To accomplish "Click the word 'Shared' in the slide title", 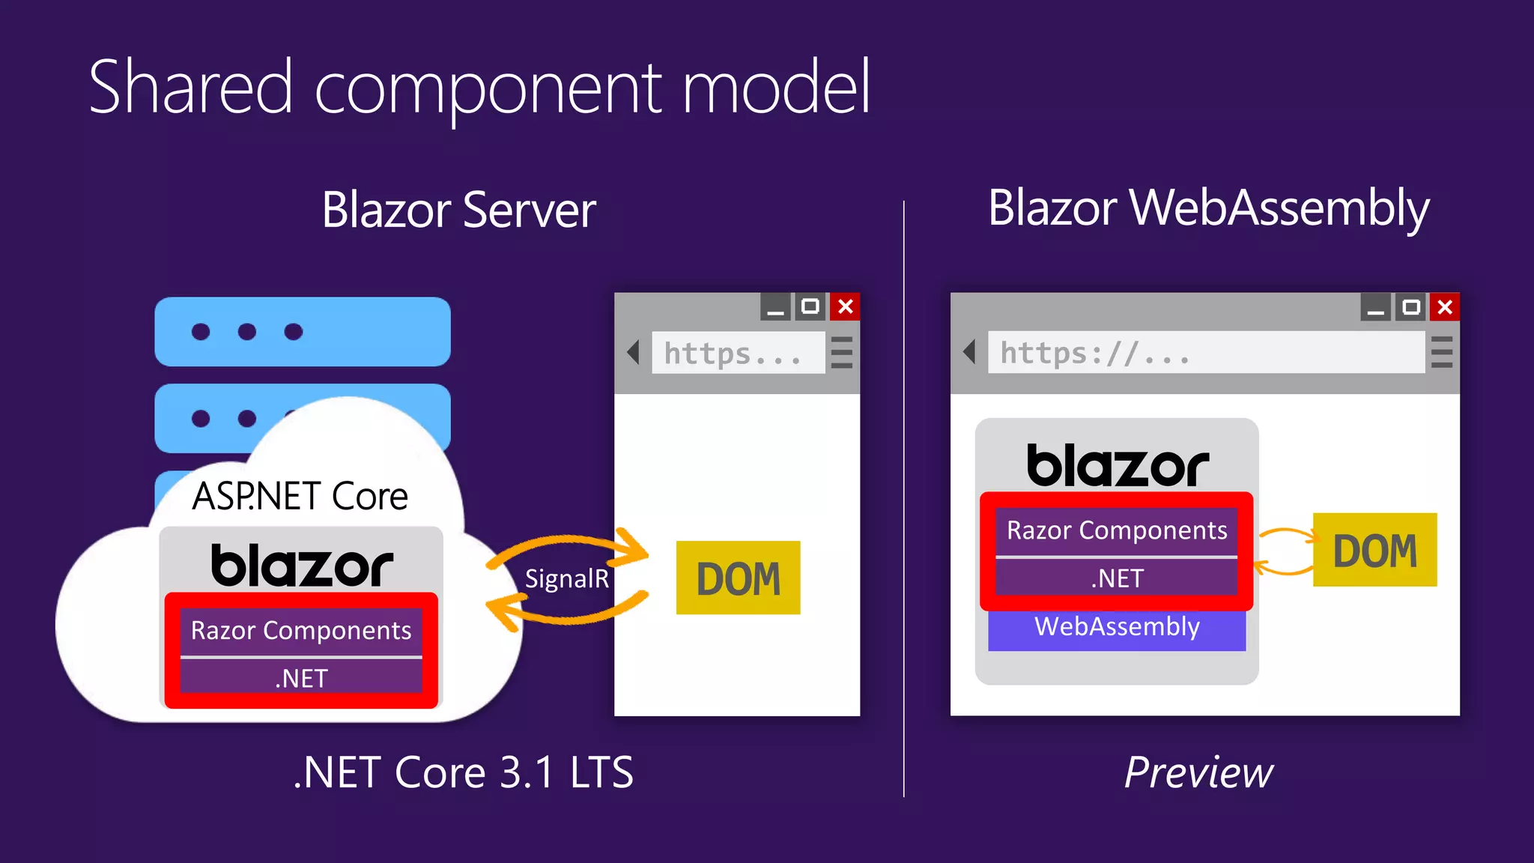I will coord(190,88).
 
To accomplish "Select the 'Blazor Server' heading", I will coord(458,211).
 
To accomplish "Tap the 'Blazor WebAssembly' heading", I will coord(1208,208).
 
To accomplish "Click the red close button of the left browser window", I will coord(846,306).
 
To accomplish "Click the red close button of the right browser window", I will coord(1445,307).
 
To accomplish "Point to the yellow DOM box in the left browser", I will coord(738,578).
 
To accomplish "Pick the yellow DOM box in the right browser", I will coord(1374,550).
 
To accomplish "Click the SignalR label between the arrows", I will coord(567,579).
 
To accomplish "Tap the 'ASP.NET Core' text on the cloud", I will coord(300,497).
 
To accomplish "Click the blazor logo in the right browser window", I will coord(1117,466).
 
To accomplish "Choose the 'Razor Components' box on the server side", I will coord(301,631).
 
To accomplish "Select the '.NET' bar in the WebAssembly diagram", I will coord(1116,578).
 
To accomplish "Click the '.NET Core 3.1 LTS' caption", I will coord(463,773).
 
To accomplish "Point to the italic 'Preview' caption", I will coord(1198,773).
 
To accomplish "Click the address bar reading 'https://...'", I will coord(1206,352).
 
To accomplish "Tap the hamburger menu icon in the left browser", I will coord(842,352).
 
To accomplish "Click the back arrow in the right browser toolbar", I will coord(969,351).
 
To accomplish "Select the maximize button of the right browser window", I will coord(1410,307).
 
